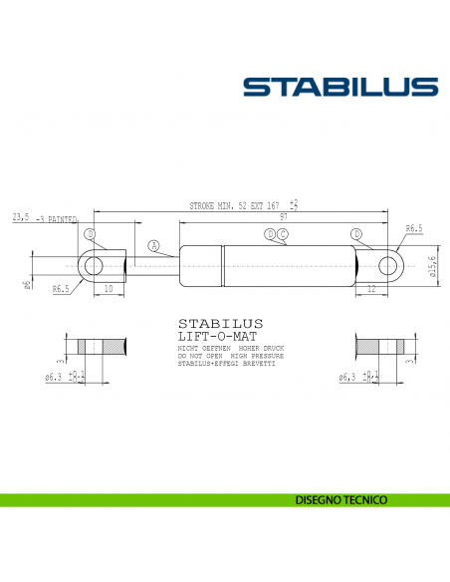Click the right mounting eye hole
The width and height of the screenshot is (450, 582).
389,266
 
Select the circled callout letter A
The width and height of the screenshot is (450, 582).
153,245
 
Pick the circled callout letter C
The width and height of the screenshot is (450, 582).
283,234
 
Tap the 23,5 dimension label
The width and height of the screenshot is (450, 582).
20,216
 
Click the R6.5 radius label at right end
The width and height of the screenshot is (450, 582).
414,228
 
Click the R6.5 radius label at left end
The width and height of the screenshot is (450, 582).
60,289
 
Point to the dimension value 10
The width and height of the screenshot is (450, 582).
108,289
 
